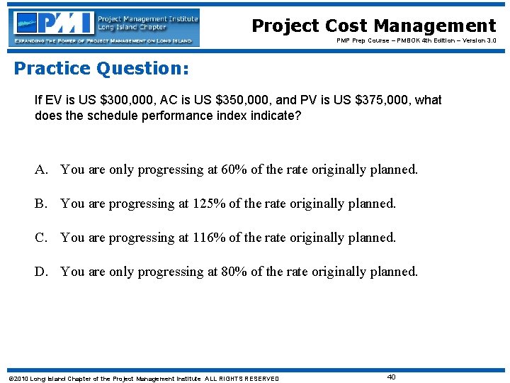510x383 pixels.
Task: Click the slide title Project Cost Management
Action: point(374,26)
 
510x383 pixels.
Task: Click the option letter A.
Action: point(42,170)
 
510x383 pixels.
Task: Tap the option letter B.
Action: point(42,204)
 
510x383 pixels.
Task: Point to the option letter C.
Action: point(42,238)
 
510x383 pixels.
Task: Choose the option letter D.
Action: point(42,272)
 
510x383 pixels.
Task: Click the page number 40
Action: point(391,377)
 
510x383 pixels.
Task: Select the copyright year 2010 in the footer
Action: point(18,379)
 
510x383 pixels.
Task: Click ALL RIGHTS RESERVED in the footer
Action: point(242,379)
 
